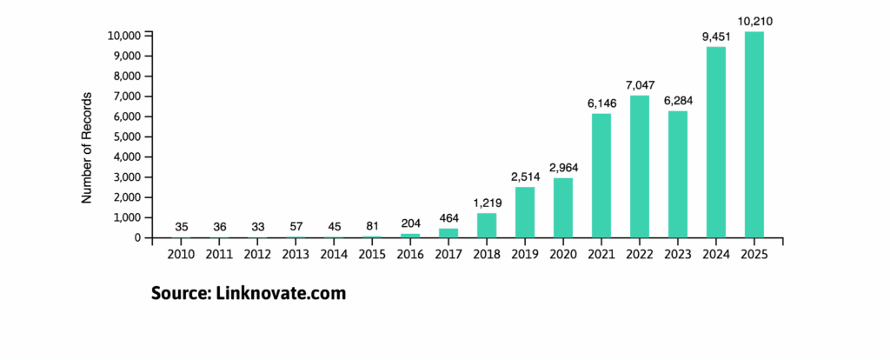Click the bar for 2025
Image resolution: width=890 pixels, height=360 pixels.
coord(754,135)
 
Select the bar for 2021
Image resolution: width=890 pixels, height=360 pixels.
coord(601,176)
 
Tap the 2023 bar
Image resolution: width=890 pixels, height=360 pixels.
coord(677,174)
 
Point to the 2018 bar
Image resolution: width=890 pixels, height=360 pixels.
coord(487,225)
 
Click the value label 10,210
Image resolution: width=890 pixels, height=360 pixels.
coord(754,21)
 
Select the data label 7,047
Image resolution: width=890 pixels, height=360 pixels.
coord(639,85)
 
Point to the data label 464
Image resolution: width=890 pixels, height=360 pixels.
coord(448,218)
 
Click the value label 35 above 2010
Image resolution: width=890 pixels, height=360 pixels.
coord(182,227)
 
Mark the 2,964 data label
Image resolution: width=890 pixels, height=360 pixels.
coord(563,168)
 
